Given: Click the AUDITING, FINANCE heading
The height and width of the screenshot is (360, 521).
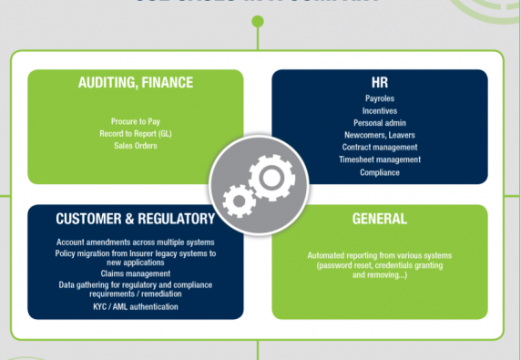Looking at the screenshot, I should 136,83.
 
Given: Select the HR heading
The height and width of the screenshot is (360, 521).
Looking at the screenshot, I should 380,83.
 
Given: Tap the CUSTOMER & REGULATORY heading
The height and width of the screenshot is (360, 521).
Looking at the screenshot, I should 136,219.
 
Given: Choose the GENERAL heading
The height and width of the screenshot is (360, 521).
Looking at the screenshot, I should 380,219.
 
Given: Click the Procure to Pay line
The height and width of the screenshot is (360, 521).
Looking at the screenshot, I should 136,121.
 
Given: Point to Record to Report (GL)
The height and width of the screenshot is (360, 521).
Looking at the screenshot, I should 136,133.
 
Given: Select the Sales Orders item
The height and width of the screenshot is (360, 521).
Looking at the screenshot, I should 136,145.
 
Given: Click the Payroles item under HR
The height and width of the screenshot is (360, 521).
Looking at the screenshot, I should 380,97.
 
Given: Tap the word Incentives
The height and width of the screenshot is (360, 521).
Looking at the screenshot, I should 380,109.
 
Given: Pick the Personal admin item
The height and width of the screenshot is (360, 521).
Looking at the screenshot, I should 380,122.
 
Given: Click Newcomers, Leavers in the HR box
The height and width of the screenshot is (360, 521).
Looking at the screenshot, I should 380,135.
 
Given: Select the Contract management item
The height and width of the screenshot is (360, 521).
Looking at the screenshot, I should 380,148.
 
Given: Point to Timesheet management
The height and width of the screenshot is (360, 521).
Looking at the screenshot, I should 380,160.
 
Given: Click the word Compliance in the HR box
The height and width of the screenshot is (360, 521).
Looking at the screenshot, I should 380,172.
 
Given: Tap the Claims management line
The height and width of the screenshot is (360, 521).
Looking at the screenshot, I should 136,273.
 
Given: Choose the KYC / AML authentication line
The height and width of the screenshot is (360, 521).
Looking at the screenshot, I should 136,306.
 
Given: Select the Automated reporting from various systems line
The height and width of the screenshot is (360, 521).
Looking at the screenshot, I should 380,255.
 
